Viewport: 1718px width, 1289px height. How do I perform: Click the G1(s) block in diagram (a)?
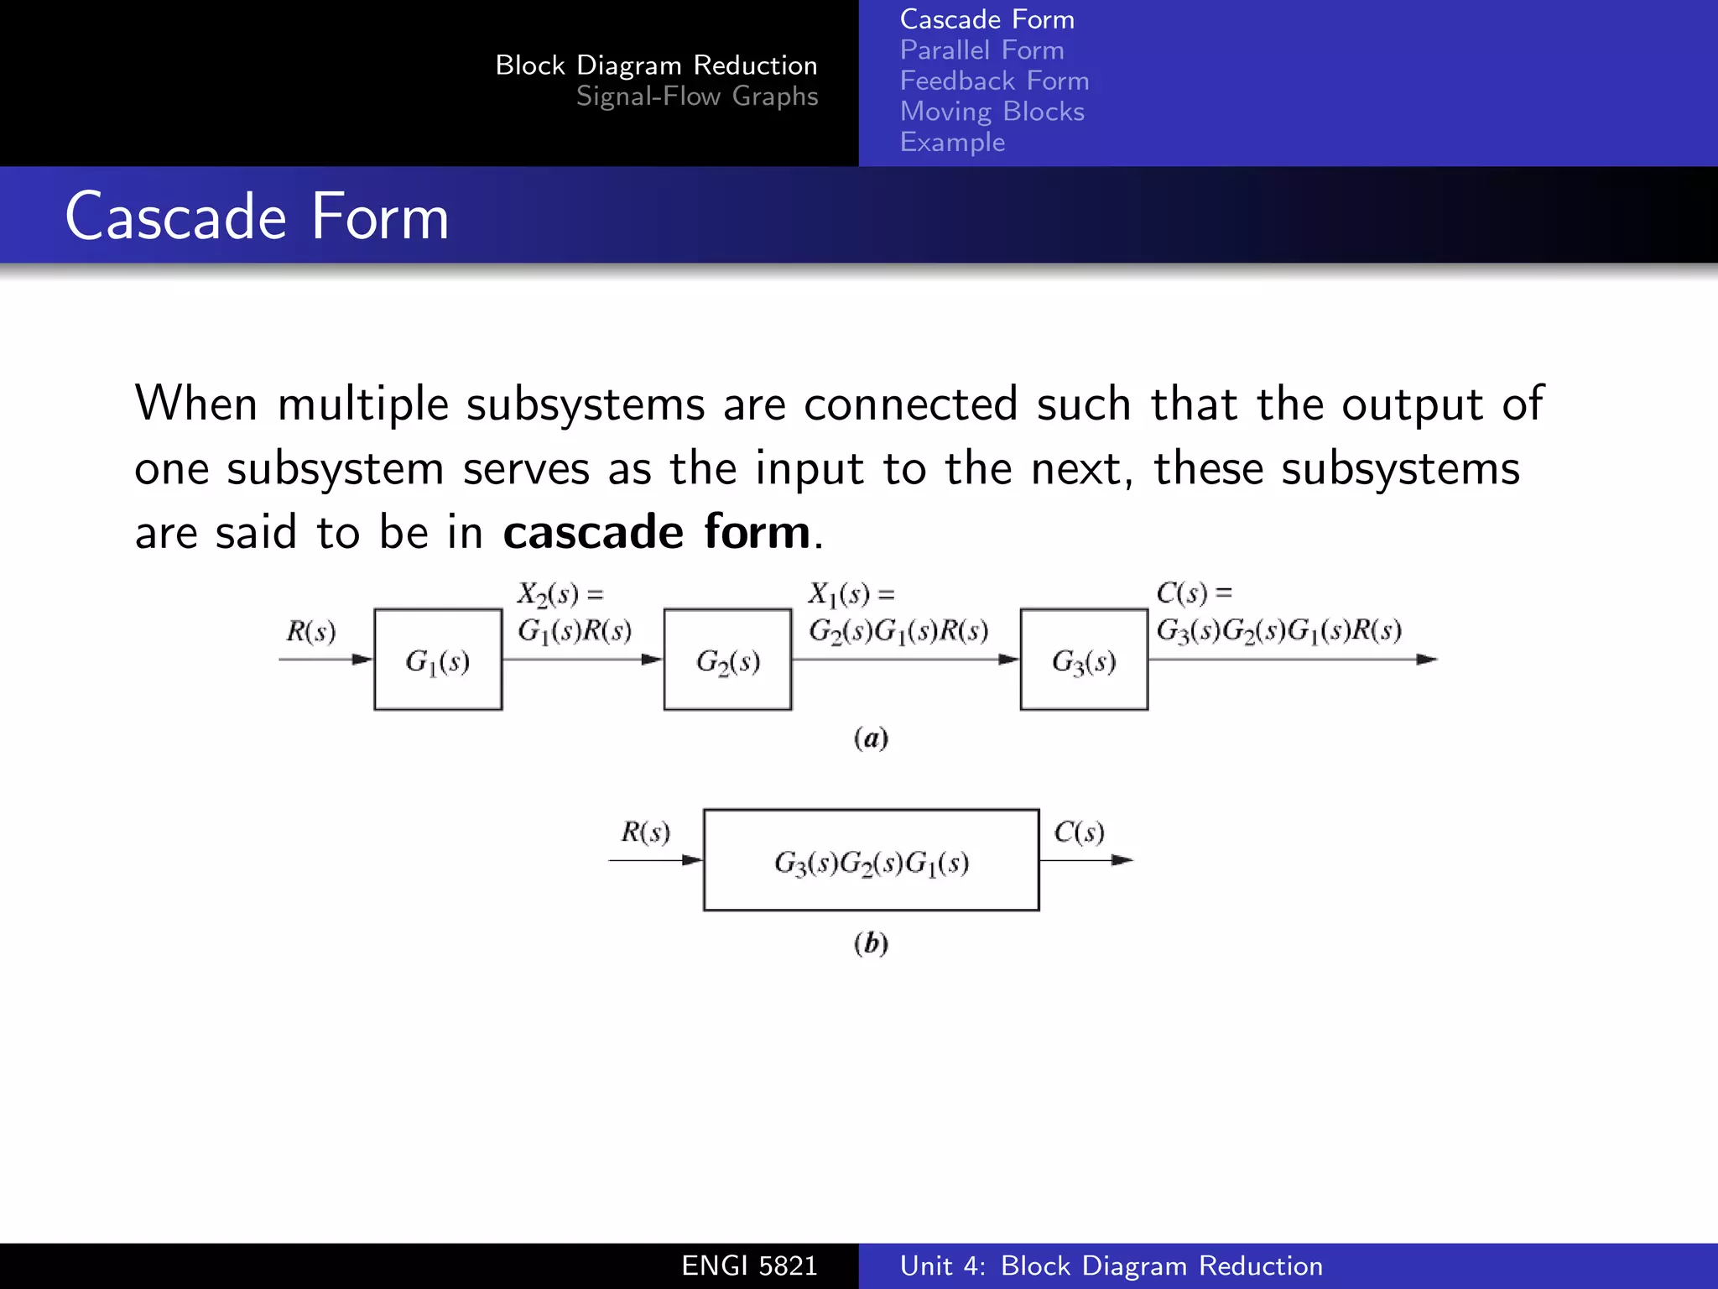click(438, 660)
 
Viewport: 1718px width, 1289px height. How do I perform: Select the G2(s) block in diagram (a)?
click(727, 660)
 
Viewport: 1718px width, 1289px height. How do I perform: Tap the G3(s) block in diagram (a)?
click(1084, 660)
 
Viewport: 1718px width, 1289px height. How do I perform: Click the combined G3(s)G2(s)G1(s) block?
click(871, 860)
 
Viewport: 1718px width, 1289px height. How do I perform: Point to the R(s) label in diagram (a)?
click(310, 631)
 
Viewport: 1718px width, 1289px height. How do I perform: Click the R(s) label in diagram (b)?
click(645, 832)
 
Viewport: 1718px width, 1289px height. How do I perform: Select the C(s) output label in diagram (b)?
click(1079, 832)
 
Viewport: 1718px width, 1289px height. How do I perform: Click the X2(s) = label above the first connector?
click(560, 594)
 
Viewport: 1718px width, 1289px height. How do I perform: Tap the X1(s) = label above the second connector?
click(851, 594)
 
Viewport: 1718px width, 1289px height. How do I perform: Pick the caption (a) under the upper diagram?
click(871, 738)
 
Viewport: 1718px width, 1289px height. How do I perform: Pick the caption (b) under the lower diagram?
click(871, 943)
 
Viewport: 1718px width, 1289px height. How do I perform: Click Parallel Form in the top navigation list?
click(981, 50)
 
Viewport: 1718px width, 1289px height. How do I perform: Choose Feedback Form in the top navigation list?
click(994, 81)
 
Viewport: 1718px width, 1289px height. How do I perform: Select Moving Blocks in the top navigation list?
click(992, 112)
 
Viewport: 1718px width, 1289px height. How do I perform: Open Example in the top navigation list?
click(952, 142)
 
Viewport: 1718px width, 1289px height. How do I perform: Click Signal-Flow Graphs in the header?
click(696, 97)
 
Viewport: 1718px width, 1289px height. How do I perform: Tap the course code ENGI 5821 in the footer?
click(749, 1266)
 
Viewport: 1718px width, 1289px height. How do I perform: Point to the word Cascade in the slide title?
click(176, 217)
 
